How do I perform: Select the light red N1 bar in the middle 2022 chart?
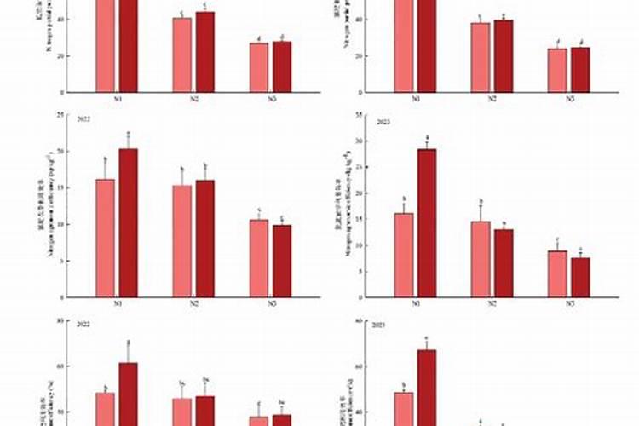click(x=106, y=238)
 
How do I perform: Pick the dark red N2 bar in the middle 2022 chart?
click(x=205, y=239)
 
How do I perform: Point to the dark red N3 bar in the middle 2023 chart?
click(x=580, y=277)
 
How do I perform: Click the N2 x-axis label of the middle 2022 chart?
click(x=193, y=304)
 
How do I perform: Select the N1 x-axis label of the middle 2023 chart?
click(x=415, y=304)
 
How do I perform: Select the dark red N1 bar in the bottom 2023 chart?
click(x=426, y=388)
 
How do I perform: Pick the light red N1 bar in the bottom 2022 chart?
click(x=106, y=409)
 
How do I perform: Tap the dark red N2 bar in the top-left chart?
click(x=205, y=52)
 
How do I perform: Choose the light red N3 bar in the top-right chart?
click(x=557, y=70)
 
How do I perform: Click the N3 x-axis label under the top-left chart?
click(x=271, y=99)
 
